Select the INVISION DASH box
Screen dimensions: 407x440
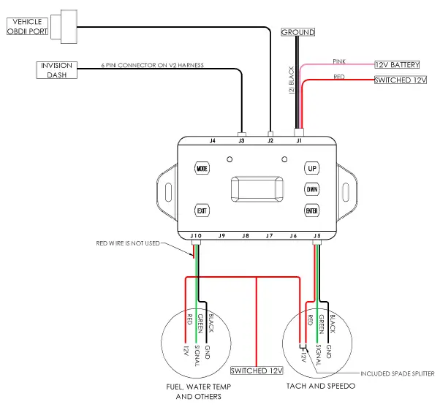coord(57,70)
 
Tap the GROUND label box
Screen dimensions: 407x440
coord(297,32)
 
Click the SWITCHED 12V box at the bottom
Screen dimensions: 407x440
coord(257,370)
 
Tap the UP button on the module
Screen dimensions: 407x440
coord(312,168)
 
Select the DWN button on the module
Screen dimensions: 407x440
coord(312,189)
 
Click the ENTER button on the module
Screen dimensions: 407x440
coord(312,210)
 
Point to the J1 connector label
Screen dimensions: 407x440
coord(298,139)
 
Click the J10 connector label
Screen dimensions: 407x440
coord(194,236)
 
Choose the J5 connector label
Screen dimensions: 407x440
coord(316,236)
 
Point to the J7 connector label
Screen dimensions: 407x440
coord(268,236)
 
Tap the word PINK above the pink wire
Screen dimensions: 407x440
coord(339,61)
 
